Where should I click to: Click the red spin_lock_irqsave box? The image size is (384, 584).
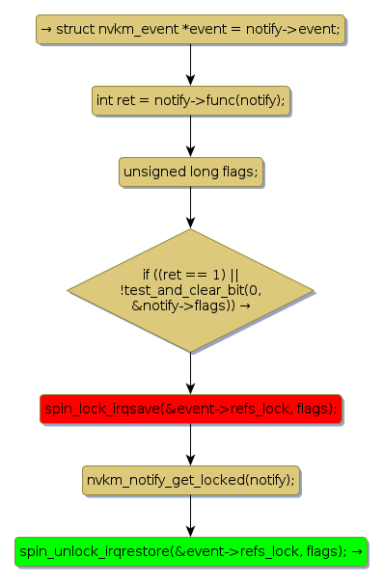[190, 409]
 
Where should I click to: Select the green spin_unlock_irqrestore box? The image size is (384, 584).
[191, 551]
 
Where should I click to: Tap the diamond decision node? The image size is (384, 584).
[190, 290]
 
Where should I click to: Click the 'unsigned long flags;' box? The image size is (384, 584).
[191, 172]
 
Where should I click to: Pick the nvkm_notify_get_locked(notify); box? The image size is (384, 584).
[191, 480]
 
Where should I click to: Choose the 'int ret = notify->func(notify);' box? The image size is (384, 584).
[191, 100]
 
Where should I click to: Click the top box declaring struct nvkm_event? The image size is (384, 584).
[190, 30]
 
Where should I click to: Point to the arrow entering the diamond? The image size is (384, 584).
[190, 207]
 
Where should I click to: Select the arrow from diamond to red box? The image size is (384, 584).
[190, 373]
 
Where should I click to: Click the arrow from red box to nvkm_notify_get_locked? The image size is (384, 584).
[190, 444]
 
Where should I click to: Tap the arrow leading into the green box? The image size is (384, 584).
[190, 516]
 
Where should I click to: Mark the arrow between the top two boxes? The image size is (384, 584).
[190, 66]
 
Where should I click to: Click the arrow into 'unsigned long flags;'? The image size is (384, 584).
[190, 136]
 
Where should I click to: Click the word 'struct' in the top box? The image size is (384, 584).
[75, 29]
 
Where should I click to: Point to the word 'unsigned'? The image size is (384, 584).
[154, 173]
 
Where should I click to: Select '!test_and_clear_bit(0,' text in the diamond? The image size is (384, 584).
[190, 290]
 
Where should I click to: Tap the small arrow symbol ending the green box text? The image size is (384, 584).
[357, 551]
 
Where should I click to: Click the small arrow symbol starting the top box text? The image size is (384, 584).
[46, 29]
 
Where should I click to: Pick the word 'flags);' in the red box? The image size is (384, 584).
[316, 409]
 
